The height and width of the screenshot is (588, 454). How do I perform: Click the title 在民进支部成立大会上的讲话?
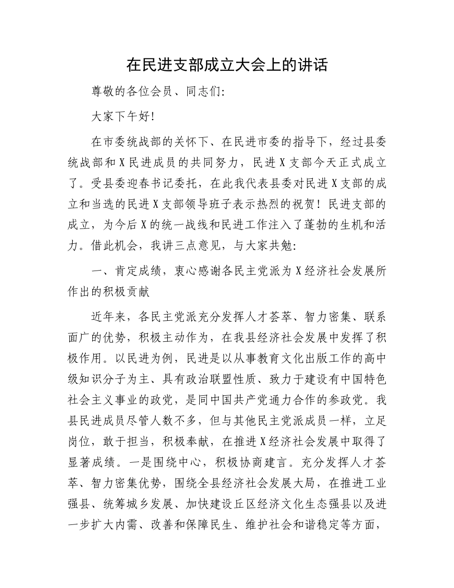pyautogui.click(x=227, y=65)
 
